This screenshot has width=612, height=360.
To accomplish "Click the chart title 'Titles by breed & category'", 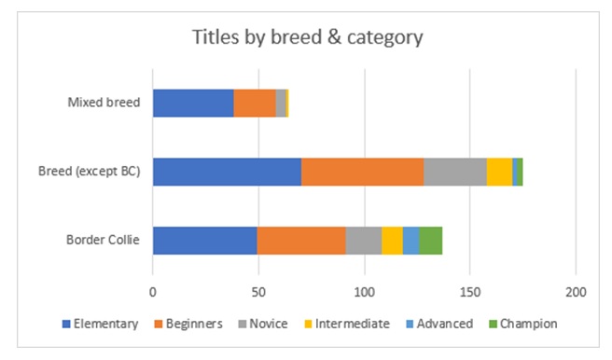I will pos(307,38).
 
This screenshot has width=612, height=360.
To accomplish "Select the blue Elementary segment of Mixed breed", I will pos(192,103).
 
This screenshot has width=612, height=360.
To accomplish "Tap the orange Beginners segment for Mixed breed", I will pos(255,103).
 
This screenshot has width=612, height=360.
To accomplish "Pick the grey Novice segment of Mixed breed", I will pos(281,103).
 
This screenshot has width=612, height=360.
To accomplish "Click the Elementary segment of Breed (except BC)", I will pos(227,172).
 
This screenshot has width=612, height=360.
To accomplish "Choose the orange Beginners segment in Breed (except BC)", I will pos(362,172).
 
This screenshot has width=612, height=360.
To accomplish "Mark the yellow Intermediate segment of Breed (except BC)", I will pos(499,172).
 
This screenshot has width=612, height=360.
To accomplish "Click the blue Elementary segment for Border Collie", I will pos(204,241).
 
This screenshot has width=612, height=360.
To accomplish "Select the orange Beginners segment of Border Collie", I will pos(301,241).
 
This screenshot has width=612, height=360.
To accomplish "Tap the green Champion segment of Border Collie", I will pos(430,241).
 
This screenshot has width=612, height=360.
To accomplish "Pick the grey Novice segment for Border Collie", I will pos(364,241).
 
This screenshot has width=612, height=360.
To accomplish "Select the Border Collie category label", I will pos(103,241).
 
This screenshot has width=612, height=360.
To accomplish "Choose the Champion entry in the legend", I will pos(522,324).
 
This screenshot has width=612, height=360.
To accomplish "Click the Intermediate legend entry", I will pos(336,324).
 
